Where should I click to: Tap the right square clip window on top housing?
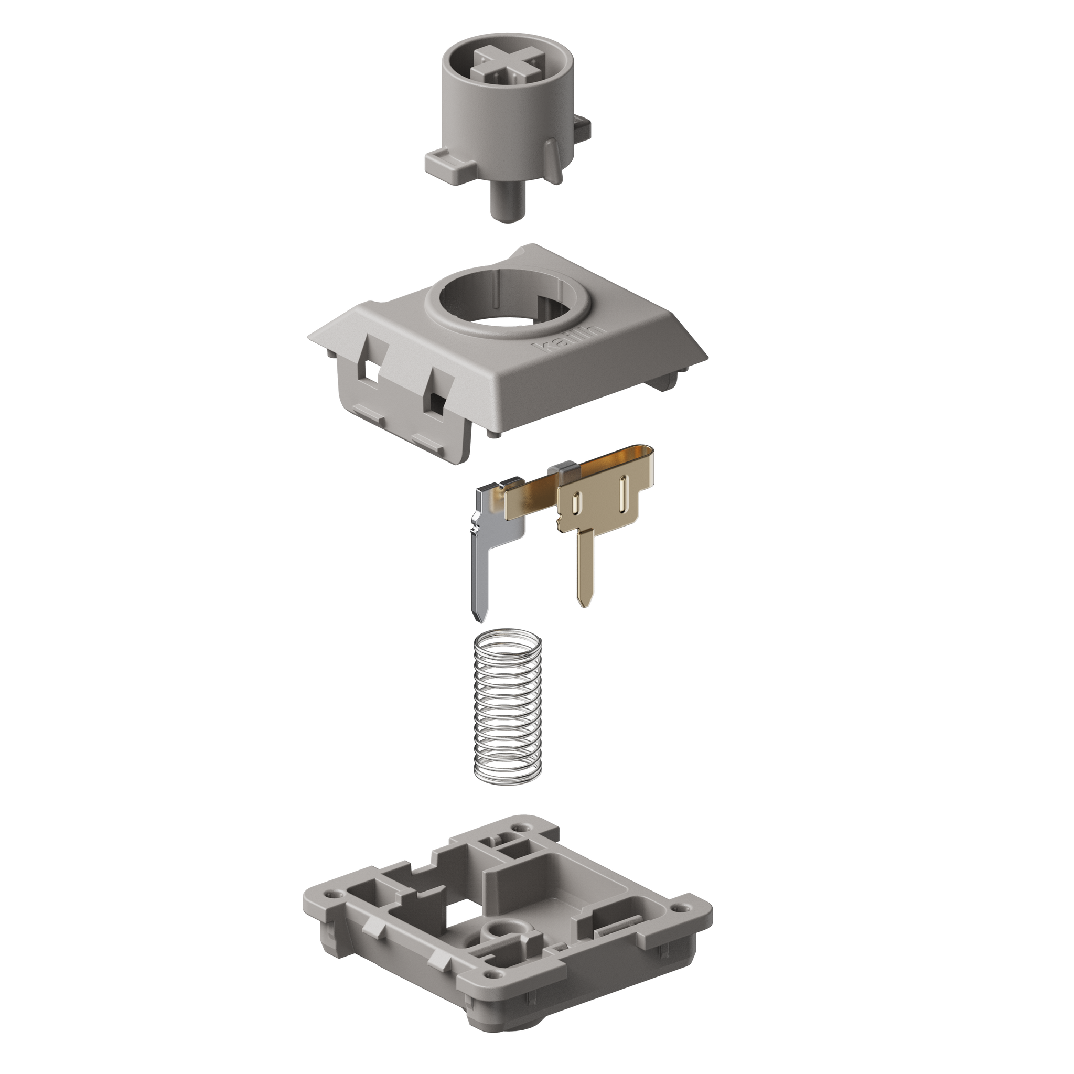(437, 400)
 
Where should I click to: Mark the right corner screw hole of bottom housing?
(678, 908)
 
